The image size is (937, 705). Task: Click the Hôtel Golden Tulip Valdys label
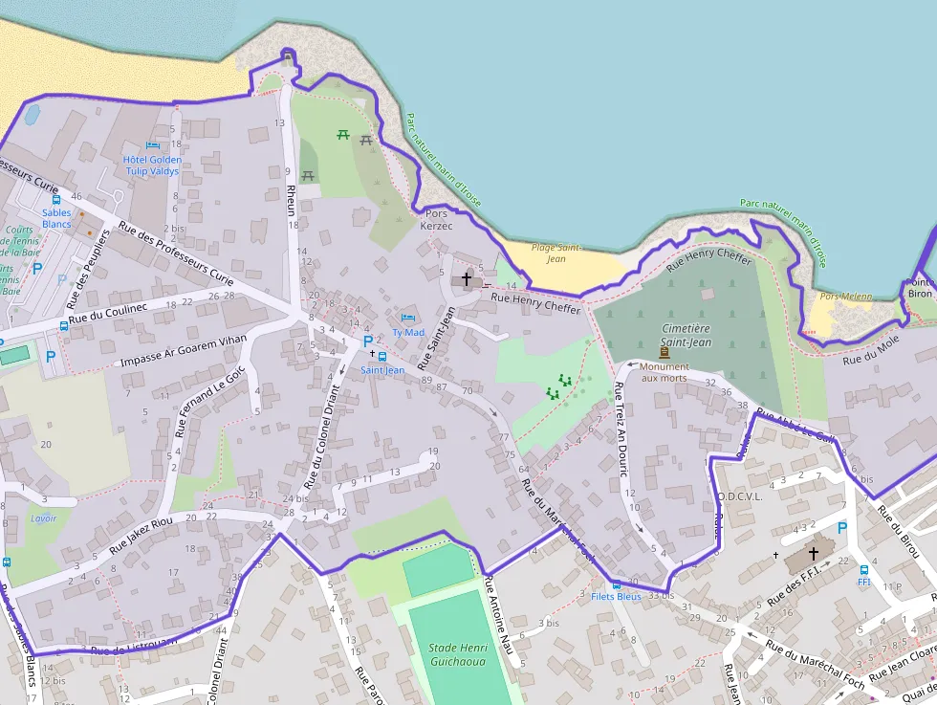pyautogui.click(x=152, y=165)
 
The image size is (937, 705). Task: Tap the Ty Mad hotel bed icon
pyautogui.click(x=409, y=317)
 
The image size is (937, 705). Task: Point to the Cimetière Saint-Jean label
pyautogui.click(x=686, y=335)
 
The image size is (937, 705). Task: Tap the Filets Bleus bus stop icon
pyautogui.click(x=617, y=584)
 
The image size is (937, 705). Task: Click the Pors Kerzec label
pyautogui.click(x=435, y=219)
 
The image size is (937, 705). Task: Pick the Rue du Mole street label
pyautogui.click(x=871, y=353)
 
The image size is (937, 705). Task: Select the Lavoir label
pyautogui.click(x=43, y=518)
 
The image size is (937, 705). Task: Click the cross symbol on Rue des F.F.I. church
pyautogui.click(x=814, y=553)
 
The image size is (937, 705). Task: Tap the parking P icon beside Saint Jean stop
pyautogui.click(x=368, y=341)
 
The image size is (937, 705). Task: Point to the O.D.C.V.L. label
pyautogui.click(x=738, y=496)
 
